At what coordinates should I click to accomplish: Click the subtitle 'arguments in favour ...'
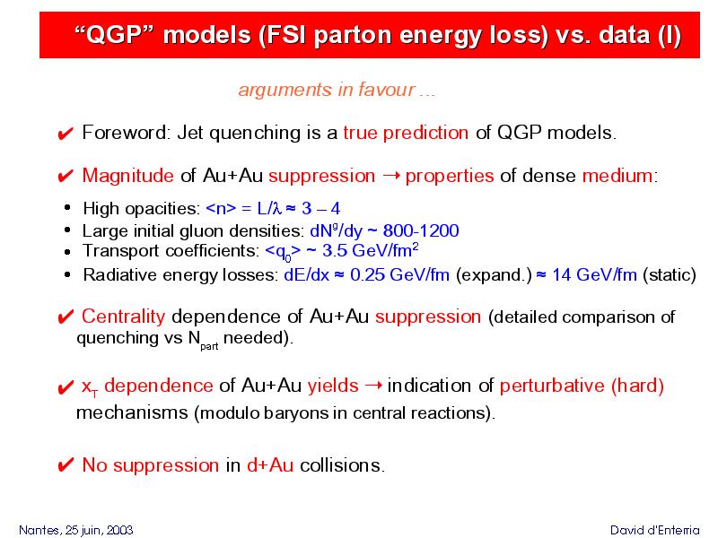(x=337, y=90)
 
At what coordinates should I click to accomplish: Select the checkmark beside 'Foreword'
(x=66, y=134)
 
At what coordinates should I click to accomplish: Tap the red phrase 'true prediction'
(x=406, y=133)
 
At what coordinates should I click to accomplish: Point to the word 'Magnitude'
(x=127, y=176)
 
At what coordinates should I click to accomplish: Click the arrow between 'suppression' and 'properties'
(x=390, y=176)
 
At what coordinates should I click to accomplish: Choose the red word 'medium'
(x=617, y=176)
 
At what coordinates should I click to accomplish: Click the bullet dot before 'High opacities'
(x=68, y=208)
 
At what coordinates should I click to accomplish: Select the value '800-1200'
(x=421, y=230)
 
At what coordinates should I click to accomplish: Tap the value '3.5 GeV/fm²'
(x=371, y=251)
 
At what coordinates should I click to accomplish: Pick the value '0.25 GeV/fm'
(x=399, y=274)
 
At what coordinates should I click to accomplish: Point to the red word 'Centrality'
(x=123, y=317)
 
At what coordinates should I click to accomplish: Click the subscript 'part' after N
(x=209, y=346)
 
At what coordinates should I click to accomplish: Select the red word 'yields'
(x=333, y=386)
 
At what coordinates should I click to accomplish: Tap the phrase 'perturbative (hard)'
(x=582, y=386)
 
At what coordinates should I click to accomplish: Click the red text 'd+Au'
(x=270, y=465)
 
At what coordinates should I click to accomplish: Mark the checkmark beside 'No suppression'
(x=66, y=465)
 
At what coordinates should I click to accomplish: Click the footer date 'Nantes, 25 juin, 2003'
(x=76, y=530)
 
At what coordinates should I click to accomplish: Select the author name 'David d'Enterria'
(x=655, y=530)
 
